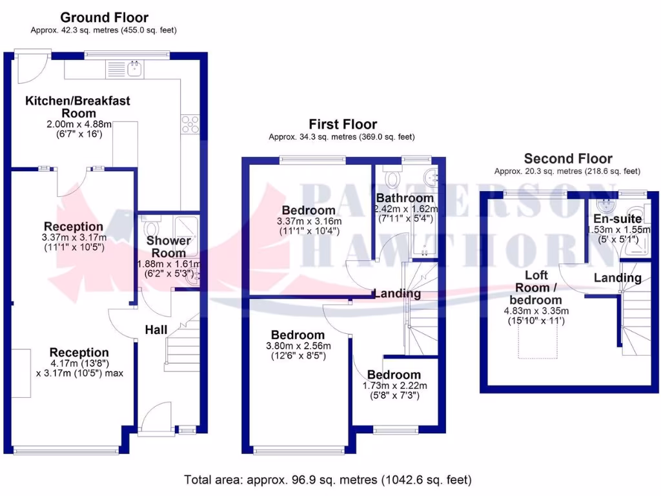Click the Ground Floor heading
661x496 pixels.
tap(103, 17)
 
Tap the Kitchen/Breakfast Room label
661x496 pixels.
tap(77, 107)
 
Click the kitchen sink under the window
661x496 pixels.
tap(136, 68)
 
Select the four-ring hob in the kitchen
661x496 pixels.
tap(192, 123)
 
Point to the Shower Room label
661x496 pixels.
tap(169, 247)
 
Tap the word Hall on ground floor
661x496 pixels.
tap(156, 329)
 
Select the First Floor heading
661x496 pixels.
tap(343, 124)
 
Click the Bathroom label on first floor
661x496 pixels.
tap(405, 198)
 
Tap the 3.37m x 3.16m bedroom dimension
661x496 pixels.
tap(308, 221)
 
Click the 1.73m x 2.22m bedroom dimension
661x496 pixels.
tap(394, 386)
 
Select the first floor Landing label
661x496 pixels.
tap(397, 293)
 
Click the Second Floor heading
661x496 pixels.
tap(568, 158)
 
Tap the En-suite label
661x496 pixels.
tap(618, 219)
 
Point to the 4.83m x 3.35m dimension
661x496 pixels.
tap(536, 311)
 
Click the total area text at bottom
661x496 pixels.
tap(328, 480)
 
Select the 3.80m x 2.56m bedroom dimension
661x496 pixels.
tap(298, 346)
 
